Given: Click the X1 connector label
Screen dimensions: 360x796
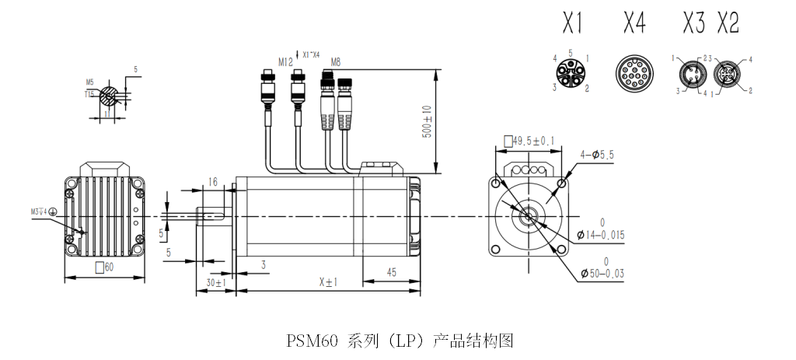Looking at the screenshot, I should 573,24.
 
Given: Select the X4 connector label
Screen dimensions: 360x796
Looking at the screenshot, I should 634,24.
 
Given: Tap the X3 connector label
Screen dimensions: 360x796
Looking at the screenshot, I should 693,24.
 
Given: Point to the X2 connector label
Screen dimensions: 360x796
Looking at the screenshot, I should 728,24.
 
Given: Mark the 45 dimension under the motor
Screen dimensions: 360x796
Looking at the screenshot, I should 392,272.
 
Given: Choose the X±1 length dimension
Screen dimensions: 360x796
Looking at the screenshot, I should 329,282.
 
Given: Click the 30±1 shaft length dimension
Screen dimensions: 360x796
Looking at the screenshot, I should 215,283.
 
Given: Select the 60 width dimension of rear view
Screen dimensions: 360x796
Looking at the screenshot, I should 104,267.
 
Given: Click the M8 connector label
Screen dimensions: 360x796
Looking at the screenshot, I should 336,61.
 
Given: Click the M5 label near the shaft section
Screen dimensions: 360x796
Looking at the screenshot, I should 89,82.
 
